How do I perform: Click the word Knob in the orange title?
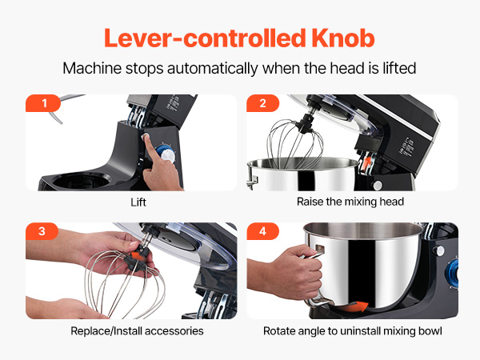tap(343, 38)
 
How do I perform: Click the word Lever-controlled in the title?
tap(205, 38)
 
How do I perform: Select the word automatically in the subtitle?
tap(213, 69)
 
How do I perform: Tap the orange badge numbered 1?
tap(43, 103)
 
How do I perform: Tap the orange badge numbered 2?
tap(262, 103)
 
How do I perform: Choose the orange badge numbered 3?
tap(42, 231)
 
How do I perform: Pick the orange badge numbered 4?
tap(262, 231)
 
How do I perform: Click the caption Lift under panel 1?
tap(138, 202)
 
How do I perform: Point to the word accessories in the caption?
tap(174, 331)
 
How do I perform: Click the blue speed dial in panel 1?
tap(166, 154)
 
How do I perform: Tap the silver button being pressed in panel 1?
tap(146, 137)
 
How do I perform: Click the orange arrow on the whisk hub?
tap(137, 256)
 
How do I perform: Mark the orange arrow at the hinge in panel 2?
tap(366, 163)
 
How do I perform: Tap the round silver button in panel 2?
tap(378, 186)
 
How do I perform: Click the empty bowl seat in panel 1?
tap(82, 181)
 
